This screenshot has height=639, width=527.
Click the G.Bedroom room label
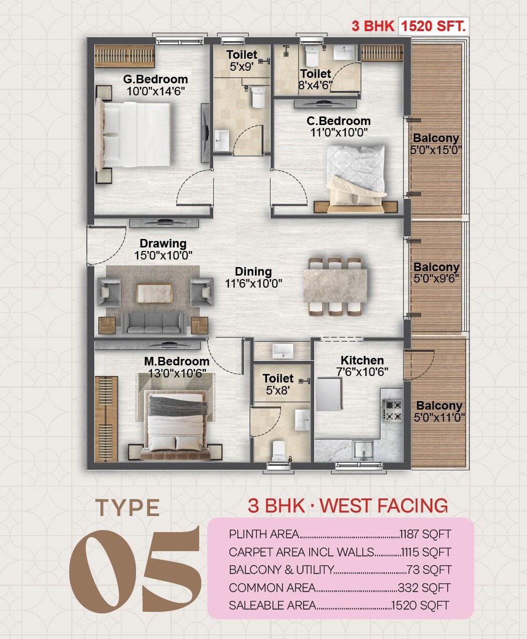pyautogui.click(x=156, y=79)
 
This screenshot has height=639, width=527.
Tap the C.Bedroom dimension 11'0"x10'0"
pyautogui.click(x=339, y=133)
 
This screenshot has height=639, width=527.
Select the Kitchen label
pyautogui.click(x=362, y=360)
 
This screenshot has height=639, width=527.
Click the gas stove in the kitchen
pyautogui.click(x=392, y=410)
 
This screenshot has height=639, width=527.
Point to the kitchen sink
pyautogui.click(x=362, y=448)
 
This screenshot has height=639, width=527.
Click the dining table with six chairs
pyautogui.click(x=335, y=287)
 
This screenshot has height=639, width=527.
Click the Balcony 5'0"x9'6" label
pyautogui.click(x=436, y=273)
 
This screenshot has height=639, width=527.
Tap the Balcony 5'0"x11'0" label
pyautogui.click(x=439, y=412)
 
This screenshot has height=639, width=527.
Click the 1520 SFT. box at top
pyautogui.click(x=434, y=26)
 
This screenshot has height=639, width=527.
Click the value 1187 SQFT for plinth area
pyautogui.click(x=425, y=534)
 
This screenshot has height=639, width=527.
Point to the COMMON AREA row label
pyautogui.click(x=272, y=588)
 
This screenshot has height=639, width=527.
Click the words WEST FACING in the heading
pyautogui.click(x=384, y=505)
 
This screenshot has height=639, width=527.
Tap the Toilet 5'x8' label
pyautogui.click(x=278, y=384)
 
